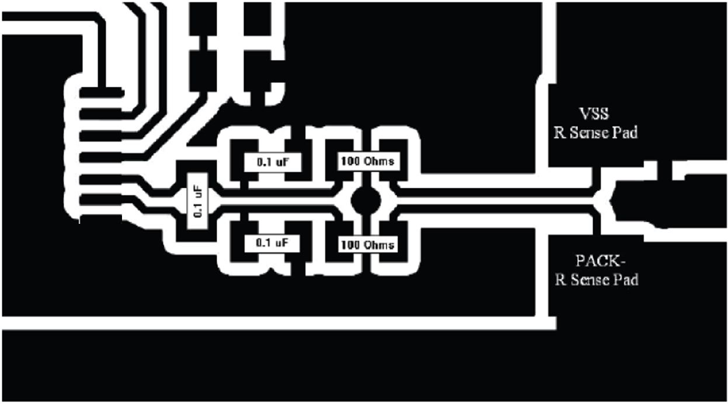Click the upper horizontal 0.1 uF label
[272, 161]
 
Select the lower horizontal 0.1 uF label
[272, 243]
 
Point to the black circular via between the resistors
[366, 201]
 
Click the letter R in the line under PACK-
[559, 280]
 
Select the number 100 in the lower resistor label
[350, 244]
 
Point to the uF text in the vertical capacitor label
[197, 193]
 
